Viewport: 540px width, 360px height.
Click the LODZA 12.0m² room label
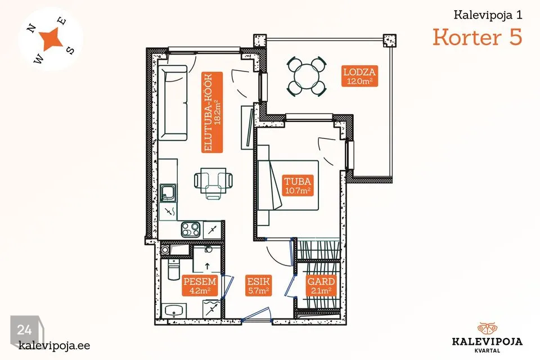point(359,76)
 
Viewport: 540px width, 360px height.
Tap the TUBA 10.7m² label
point(298,185)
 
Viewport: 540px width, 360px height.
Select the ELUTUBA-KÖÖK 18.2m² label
point(212,112)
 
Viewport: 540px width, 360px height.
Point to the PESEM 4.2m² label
point(200,286)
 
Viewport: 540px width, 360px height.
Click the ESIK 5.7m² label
point(258,286)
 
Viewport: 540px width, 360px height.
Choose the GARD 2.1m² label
point(321,286)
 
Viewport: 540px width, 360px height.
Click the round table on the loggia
point(307,76)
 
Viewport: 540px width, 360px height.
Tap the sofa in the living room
point(173,103)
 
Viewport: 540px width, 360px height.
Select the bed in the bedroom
point(288,185)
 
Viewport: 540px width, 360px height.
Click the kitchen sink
point(168,193)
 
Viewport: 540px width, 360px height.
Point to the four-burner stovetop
point(191,229)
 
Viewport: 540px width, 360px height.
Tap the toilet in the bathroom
point(173,271)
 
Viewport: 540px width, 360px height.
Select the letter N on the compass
point(32,29)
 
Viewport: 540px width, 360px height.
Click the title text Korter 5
point(478,37)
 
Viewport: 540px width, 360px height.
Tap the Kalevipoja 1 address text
point(488,15)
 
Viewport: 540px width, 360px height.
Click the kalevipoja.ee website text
point(55,345)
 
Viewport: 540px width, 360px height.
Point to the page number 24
point(24,330)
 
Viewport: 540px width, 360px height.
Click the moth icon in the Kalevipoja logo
point(487,329)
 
